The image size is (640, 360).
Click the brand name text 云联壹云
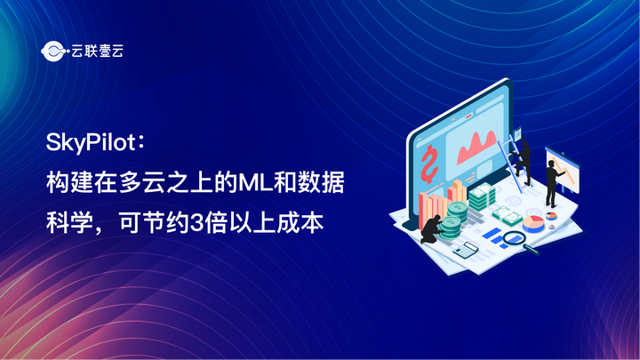[x=94, y=52]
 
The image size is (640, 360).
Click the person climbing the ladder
[x=523, y=151]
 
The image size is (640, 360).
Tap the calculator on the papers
[x=465, y=250]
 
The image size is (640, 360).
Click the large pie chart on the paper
[x=532, y=220]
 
